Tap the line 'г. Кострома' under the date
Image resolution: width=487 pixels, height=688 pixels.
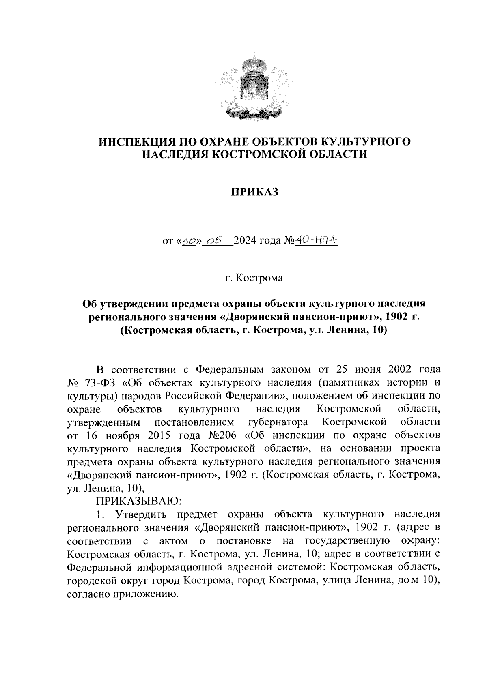pyautogui.click(x=254, y=279)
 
